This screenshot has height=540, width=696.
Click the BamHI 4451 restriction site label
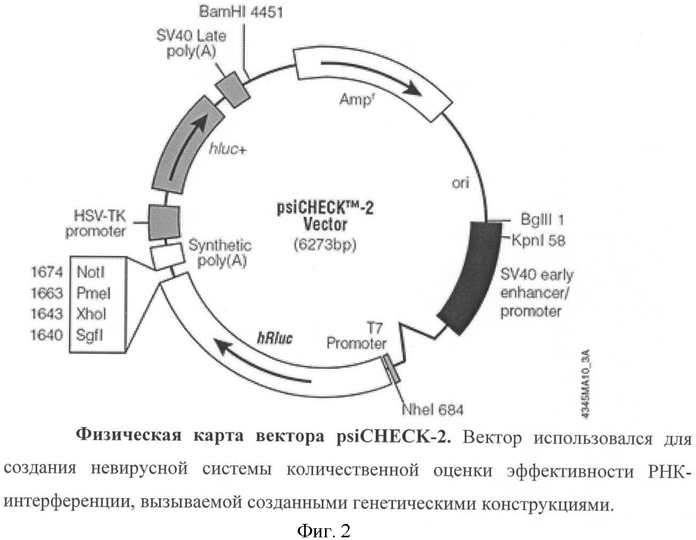click(241, 12)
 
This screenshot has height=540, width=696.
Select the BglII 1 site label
click(542, 220)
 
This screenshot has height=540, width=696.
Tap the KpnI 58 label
click(539, 241)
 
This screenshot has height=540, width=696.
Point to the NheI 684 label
click(432, 410)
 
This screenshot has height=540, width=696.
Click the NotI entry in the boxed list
click(91, 273)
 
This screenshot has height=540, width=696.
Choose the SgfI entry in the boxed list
click(89, 335)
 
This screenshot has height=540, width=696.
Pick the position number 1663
click(47, 293)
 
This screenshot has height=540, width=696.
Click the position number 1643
click(47, 314)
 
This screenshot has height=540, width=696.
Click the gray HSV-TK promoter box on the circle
click(164, 222)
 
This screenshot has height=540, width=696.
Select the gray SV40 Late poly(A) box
click(232, 90)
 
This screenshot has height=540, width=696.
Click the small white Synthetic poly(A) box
click(167, 256)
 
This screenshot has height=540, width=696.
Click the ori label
click(461, 183)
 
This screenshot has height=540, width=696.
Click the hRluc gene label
click(275, 338)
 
